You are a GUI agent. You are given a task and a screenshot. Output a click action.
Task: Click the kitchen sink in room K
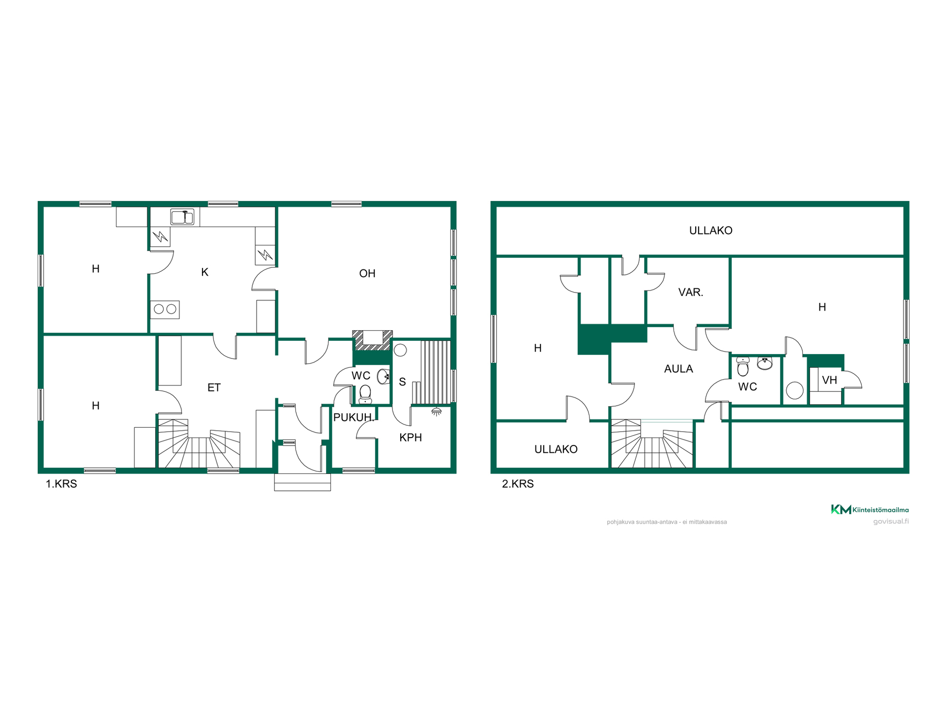182,217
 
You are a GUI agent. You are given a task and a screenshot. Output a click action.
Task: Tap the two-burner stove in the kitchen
165,309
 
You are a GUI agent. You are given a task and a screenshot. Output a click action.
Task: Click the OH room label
367,273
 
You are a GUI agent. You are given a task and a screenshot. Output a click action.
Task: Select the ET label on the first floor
214,388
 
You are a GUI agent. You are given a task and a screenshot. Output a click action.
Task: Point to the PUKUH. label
354,418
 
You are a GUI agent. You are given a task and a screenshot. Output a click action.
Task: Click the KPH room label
411,438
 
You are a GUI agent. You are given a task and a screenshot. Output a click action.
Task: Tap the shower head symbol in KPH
436,412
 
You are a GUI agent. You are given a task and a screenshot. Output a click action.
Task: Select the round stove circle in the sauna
400,350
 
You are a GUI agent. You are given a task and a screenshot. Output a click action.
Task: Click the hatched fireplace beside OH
373,340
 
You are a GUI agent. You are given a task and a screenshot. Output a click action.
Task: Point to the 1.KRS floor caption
61,484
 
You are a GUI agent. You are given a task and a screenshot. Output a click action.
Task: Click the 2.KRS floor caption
518,484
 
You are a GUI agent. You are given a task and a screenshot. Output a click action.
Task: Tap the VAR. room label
691,293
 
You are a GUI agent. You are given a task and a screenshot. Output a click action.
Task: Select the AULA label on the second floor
678,369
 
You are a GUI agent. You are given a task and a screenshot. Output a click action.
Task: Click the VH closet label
829,380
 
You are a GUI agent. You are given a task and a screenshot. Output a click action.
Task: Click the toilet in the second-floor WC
743,366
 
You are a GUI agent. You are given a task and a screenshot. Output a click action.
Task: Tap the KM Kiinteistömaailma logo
870,509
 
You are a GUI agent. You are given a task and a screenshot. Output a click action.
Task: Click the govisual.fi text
891,521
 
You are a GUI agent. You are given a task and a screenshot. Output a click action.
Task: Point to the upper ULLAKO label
711,231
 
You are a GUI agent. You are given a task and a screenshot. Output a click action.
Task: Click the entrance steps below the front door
302,482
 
